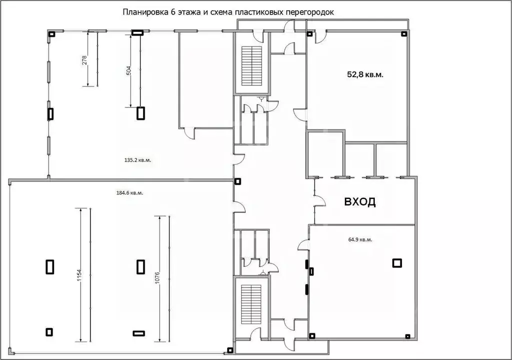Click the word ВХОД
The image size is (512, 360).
(359, 202)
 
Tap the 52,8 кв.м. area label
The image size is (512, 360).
(368, 74)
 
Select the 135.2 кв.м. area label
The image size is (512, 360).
(134, 160)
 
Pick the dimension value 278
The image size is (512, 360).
(85, 60)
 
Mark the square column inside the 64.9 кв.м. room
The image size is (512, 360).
(397, 262)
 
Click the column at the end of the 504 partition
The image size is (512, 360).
(140, 113)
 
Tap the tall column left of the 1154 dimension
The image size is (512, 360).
(50, 266)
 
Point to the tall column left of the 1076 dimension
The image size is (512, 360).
(141, 266)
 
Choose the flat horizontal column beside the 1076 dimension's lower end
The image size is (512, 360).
(138, 333)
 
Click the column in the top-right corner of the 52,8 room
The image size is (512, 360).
(403, 34)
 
